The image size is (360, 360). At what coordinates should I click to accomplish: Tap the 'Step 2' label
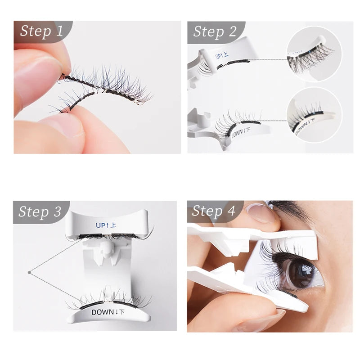click(x=215, y=31)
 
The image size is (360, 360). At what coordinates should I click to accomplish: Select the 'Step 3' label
click(x=40, y=212)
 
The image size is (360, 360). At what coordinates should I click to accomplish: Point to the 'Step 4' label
click(x=214, y=211)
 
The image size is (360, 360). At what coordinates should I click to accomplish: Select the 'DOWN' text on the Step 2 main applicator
click(x=238, y=131)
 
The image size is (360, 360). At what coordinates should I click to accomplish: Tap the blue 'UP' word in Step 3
click(x=100, y=225)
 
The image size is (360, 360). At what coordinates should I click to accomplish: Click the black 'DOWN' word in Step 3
click(x=102, y=312)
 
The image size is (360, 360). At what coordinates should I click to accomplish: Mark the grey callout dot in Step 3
click(x=29, y=272)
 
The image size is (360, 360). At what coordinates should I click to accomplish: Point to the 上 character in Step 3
click(x=113, y=225)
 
